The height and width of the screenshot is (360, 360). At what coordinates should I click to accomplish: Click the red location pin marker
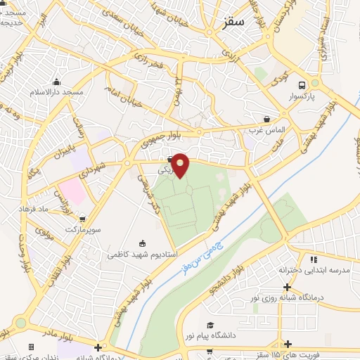coord(181,165)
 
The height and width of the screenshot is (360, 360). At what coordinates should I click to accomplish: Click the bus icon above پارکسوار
coord(302,81)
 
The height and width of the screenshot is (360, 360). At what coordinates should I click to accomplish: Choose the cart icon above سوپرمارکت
coord(84,219)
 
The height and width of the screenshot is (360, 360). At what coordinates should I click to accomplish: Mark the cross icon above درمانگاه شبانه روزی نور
coord(287,286)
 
